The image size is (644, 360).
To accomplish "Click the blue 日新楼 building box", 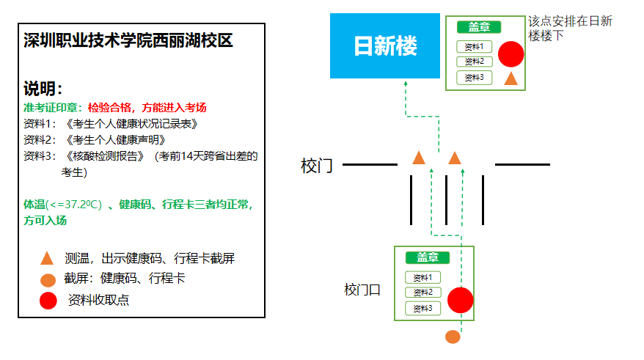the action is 385,45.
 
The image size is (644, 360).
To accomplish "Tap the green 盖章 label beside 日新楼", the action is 479,27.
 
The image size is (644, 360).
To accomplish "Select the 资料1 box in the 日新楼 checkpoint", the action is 474,47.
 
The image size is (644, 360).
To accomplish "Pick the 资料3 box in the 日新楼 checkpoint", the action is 474,77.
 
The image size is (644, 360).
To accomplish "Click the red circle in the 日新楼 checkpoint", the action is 511,54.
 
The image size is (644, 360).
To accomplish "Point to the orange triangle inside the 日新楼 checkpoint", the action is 511,78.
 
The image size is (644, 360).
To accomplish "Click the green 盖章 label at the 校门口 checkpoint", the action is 428,257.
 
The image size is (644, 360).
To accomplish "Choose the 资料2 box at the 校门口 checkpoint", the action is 422,293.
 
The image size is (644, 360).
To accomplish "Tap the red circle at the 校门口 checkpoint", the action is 460,300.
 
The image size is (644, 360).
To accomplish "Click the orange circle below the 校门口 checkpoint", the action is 453,337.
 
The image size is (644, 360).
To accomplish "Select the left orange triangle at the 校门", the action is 419,158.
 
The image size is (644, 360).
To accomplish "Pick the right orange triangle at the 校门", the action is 455,158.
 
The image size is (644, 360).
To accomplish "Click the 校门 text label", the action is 317,166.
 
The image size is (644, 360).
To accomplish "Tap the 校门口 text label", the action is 362,290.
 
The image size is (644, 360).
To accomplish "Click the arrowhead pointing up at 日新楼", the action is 406,84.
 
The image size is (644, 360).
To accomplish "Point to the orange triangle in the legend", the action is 47,258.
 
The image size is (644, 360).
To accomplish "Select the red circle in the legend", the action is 48,301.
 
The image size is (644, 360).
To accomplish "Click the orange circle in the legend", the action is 48,280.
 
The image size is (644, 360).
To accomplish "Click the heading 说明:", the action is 43,89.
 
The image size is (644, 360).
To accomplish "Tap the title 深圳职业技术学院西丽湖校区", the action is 128,40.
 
